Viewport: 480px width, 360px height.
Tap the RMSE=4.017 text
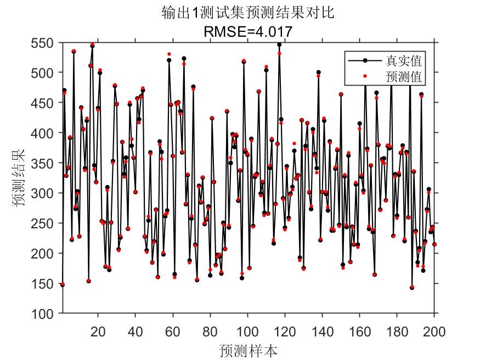[x=247, y=32]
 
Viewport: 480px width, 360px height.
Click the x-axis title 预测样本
[x=247, y=350]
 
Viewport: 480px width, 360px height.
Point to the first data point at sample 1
[x=63, y=284]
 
